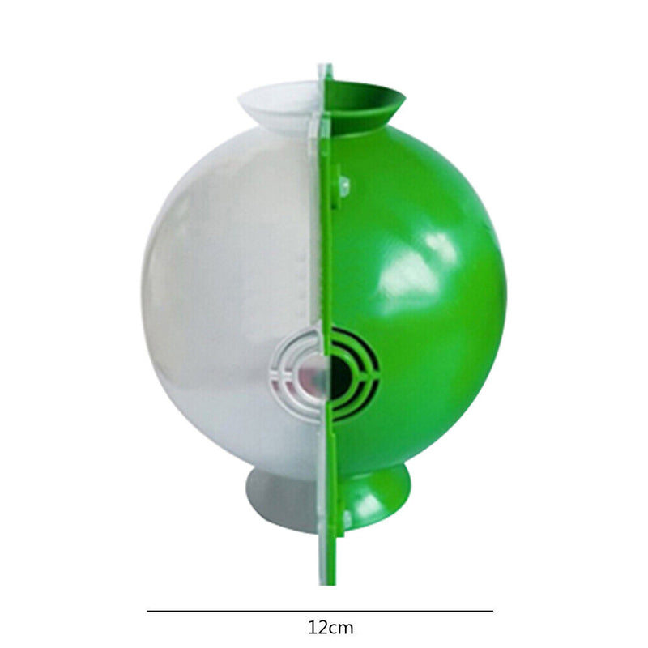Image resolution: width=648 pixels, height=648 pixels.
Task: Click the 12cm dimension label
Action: click(330, 628)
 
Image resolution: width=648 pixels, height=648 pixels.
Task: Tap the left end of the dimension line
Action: click(147, 611)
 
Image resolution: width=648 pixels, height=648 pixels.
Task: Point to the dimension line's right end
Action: click(492, 611)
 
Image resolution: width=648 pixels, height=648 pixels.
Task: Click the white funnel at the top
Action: click(278, 105)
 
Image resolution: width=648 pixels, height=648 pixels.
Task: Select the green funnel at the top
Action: click(364, 105)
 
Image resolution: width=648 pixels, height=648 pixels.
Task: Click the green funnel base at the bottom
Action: click(372, 500)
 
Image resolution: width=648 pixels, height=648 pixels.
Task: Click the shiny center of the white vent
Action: click(311, 374)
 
